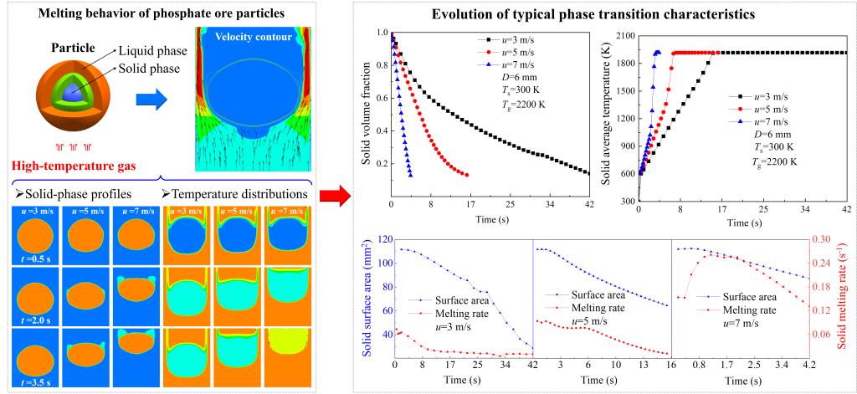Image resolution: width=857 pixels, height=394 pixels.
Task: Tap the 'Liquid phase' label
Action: (153, 51)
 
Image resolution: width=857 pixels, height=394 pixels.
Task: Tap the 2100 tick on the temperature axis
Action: (626, 36)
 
